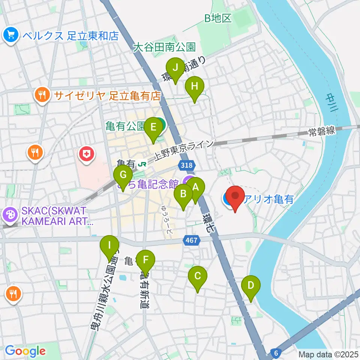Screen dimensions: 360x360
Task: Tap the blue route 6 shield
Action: (276, 353)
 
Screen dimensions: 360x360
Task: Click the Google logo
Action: (25, 351)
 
